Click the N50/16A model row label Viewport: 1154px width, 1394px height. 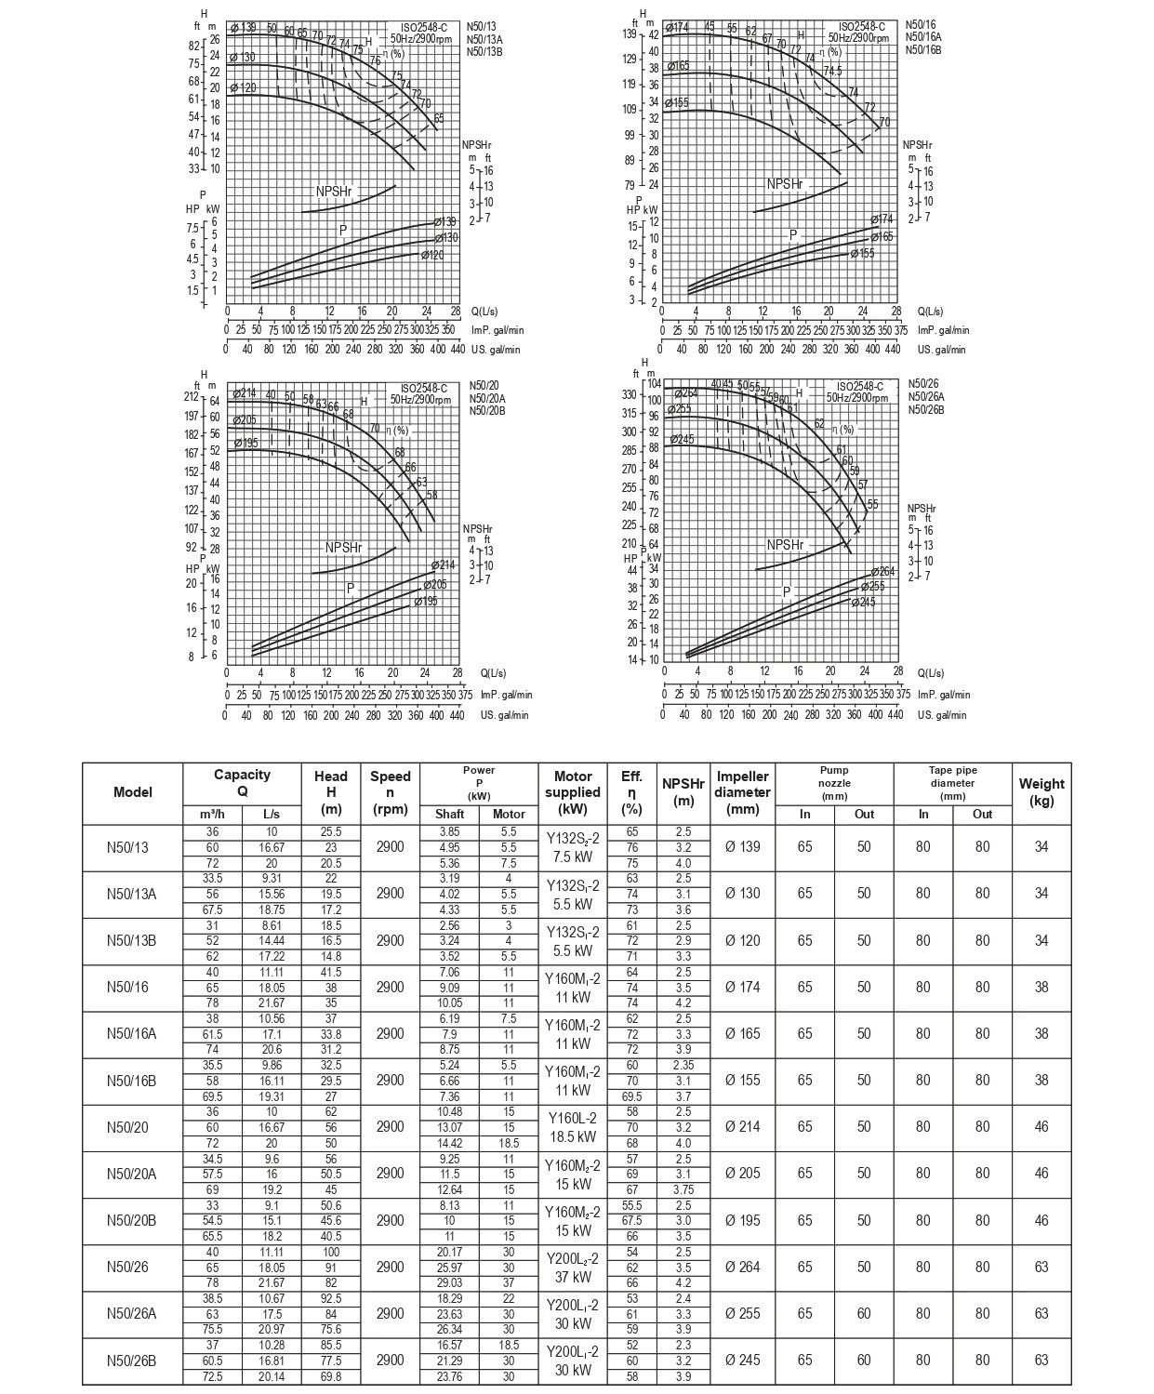point(132,1033)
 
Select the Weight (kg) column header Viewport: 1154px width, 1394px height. point(1041,792)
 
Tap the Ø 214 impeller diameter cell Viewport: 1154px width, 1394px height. point(742,1127)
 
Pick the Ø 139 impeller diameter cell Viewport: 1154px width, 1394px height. point(742,846)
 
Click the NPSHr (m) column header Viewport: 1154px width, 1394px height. point(683,792)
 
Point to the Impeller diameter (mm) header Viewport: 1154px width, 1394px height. point(742,792)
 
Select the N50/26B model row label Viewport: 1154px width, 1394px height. point(132,1361)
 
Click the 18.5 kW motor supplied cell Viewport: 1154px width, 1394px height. point(572,1127)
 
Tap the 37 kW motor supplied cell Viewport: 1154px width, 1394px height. point(572,1267)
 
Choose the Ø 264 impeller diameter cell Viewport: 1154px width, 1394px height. point(742,1267)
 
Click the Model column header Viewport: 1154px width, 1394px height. point(132,792)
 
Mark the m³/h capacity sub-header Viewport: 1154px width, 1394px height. point(212,814)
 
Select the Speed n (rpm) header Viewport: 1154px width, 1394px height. point(390,792)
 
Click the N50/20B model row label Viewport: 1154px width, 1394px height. point(132,1220)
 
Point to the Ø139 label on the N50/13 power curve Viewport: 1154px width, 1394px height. point(445,222)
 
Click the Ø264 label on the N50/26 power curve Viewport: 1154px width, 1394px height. point(882,572)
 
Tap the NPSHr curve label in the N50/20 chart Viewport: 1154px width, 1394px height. point(343,548)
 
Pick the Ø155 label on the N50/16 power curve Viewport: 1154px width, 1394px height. point(862,253)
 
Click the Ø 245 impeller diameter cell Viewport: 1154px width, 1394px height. point(742,1361)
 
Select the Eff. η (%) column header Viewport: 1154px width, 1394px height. point(631,792)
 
